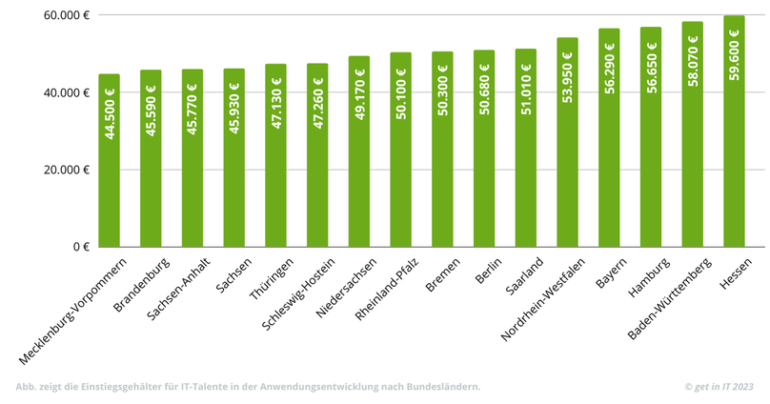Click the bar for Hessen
734,133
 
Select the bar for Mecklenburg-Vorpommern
109,162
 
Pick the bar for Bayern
609,138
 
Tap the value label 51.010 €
526,91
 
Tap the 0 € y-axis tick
80,247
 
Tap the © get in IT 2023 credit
719,386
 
